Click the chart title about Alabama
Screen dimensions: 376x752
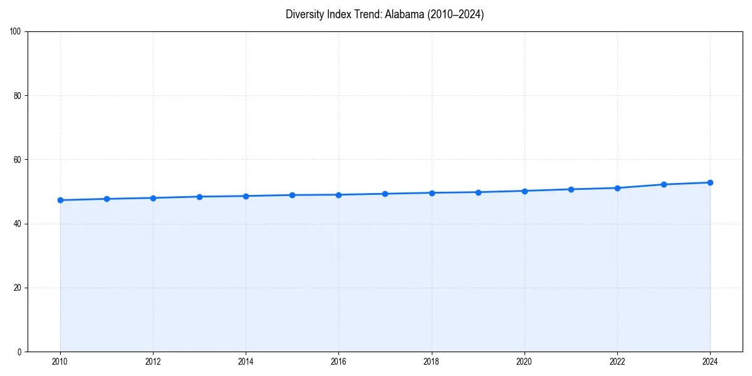384,14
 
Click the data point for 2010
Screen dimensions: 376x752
60,200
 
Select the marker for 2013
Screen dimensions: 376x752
199,197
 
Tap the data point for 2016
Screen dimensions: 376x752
338,195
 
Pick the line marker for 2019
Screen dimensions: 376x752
478,192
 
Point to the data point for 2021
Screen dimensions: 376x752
571,189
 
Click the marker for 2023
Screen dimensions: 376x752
664,184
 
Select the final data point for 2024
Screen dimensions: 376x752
710,182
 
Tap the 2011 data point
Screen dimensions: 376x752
107,199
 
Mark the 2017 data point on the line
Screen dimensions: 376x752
385,194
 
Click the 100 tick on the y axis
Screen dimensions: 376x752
16,32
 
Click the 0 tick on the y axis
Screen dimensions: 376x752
19,352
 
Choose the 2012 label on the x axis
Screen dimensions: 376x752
153,362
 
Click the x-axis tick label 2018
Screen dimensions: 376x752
431,362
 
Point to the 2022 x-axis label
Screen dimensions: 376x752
617,362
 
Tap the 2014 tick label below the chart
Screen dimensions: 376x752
246,362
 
